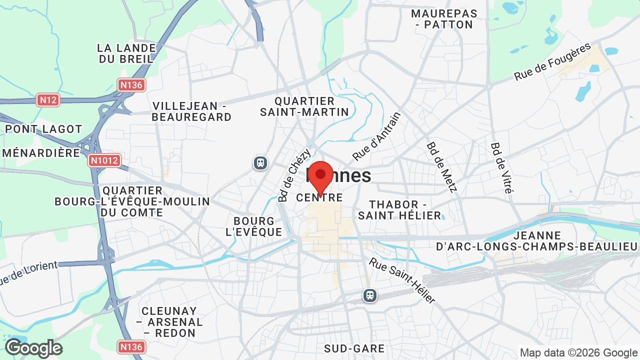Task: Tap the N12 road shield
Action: point(48,100)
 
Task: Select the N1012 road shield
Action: point(105,160)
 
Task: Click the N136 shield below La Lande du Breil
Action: point(132,85)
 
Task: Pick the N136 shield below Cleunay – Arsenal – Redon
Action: point(132,346)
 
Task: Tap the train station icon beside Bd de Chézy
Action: point(260,163)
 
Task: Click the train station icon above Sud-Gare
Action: point(370,295)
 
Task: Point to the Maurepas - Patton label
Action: point(444,19)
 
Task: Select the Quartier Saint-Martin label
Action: point(304,106)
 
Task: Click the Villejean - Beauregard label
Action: point(192,111)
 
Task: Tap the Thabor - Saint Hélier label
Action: point(400,210)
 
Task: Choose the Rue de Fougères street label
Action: point(552,62)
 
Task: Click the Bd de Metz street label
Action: point(442,167)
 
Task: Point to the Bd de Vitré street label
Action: point(502,168)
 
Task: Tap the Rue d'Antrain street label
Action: point(377,136)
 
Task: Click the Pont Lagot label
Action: point(43,129)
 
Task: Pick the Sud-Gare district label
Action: point(354,348)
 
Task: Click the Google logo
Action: point(33,348)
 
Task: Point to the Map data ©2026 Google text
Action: point(578,352)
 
